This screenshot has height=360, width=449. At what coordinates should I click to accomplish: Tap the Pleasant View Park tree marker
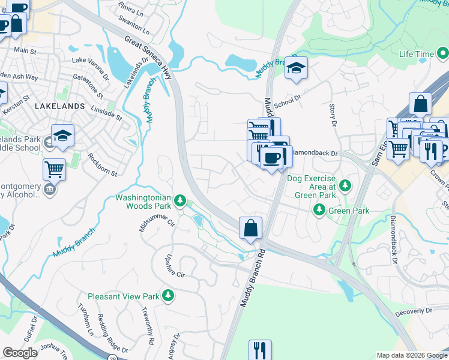[x=169, y=296]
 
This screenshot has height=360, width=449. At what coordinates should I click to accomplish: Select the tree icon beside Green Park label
[x=320, y=210]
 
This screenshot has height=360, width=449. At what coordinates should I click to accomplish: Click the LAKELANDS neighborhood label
[x=60, y=106]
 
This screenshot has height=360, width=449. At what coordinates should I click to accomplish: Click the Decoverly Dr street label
[x=414, y=312]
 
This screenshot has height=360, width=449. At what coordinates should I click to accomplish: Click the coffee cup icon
[x=271, y=157]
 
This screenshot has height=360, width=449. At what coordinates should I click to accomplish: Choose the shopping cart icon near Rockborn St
[x=54, y=170]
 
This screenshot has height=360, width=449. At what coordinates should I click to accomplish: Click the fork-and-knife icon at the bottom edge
[x=260, y=349]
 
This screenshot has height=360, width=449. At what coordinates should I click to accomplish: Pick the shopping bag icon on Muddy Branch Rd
[x=251, y=228]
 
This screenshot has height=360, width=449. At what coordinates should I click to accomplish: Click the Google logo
[x=20, y=353]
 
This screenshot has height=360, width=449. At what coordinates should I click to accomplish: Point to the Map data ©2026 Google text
[x=411, y=355]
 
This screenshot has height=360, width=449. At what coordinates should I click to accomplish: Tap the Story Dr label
[x=333, y=115]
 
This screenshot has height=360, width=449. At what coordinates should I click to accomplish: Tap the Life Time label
[x=417, y=54]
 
